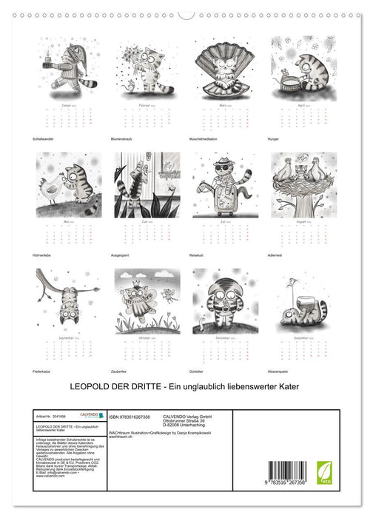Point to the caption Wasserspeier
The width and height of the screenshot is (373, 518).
click(284, 369)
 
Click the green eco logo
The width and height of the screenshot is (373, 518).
click(324, 472)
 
